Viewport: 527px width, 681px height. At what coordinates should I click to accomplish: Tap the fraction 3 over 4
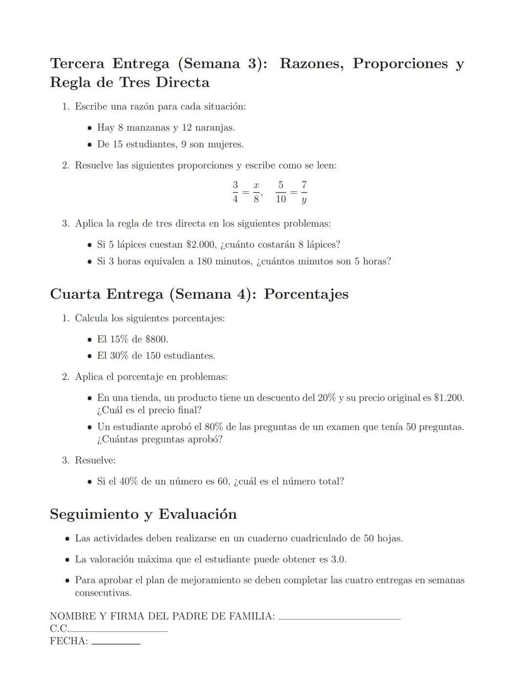(235, 192)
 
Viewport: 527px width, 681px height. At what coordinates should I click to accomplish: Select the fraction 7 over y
(304, 192)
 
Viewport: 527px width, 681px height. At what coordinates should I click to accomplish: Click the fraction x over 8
(256, 192)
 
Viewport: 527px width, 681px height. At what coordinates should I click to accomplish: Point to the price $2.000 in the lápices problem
(201, 245)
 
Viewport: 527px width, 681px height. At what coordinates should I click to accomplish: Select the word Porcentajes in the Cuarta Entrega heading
(306, 294)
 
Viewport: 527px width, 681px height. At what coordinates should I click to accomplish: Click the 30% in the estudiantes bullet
(119, 356)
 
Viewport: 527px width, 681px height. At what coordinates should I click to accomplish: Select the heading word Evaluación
(198, 514)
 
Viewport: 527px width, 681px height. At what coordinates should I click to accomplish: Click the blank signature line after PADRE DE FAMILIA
(339, 618)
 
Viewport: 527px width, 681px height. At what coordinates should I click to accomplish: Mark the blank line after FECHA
(116, 643)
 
